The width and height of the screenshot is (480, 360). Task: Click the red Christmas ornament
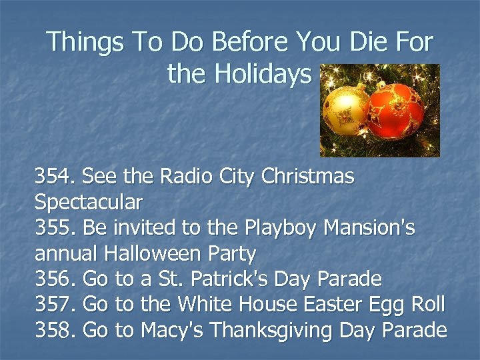tap(397, 111)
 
